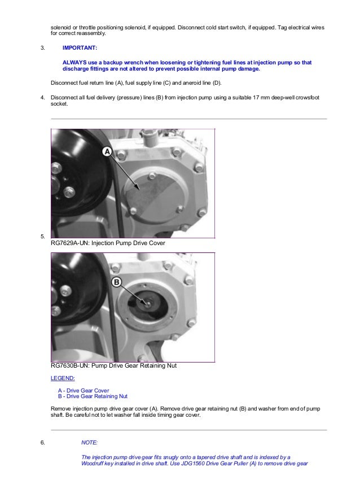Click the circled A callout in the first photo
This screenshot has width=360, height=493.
[x=107, y=151]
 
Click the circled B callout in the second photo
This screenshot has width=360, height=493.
[x=117, y=282]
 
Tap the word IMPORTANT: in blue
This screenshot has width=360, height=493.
[x=80, y=48]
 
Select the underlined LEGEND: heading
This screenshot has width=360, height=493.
[x=63, y=378]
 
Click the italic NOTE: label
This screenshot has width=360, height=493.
[x=90, y=442]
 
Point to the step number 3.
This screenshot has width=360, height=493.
[x=42, y=48]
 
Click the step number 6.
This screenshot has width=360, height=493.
[x=42, y=443]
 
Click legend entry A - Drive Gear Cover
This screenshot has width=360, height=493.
[x=84, y=390]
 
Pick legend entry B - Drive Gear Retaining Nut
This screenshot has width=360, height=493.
[x=93, y=396]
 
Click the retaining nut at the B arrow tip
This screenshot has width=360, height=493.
[x=147, y=303]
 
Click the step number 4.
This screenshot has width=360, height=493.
[x=42, y=98]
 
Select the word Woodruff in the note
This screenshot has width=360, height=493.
[x=93, y=464]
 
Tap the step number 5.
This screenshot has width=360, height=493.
[x=42, y=237]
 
